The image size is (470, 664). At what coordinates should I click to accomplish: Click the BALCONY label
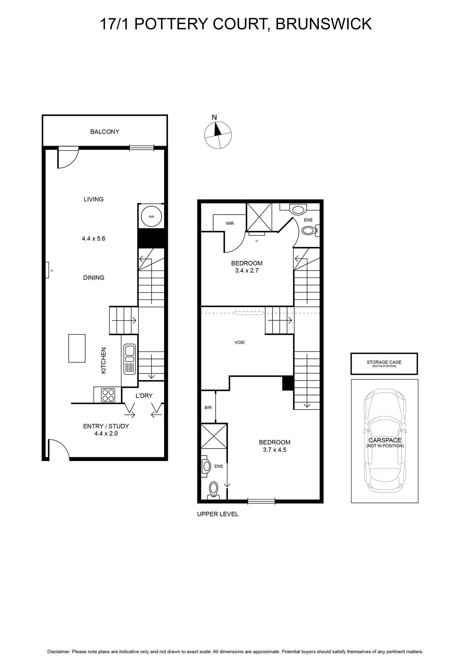[x=104, y=132]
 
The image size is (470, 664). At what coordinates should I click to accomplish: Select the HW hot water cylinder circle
[x=151, y=217]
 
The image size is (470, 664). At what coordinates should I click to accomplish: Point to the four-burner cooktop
[x=108, y=395]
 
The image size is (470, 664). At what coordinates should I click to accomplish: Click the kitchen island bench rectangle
[x=77, y=348]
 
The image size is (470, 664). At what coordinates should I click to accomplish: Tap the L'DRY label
[x=144, y=396]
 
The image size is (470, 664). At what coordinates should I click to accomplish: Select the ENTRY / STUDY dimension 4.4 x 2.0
[x=106, y=433]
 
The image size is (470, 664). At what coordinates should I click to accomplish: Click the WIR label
[x=229, y=224]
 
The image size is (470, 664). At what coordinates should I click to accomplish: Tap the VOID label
[x=239, y=342]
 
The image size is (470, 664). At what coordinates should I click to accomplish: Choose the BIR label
[x=208, y=408]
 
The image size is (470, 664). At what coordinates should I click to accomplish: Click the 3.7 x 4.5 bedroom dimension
[x=274, y=450]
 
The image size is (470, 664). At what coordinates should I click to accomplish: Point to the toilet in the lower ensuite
[x=213, y=490]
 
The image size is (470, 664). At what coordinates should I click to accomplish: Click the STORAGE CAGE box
[x=384, y=364]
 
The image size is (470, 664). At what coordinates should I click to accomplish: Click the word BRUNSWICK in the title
[x=324, y=24]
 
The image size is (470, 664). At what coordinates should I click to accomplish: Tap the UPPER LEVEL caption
[x=218, y=514]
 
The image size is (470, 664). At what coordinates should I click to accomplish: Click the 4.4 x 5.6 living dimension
[x=94, y=238]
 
